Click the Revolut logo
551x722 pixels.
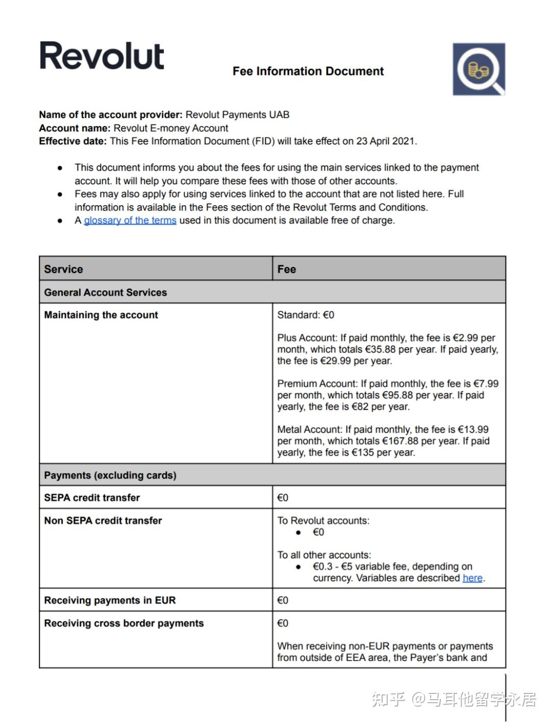(x=102, y=56)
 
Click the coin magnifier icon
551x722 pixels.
(x=479, y=69)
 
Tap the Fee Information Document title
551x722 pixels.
(x=308, y=71)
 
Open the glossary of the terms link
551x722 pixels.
(x=130, y=220)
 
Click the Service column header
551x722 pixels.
(x=64, y=269)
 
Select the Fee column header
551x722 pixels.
(x=287, y=269)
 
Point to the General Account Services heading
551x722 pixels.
(x=106, y=292)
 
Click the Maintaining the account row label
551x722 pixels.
(x=101, y=315)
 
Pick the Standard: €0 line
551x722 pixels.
(x=306, y=315)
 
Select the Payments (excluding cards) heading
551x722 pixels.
(x=110, y=475)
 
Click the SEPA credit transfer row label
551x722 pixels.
(x=92, y=497)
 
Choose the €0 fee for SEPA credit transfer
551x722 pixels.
(x=283, y=497)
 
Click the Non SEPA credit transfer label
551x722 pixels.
(x=103, y=520)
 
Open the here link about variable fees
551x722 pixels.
(x=472, y=578)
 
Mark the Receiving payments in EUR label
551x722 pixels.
(x=110, y=600)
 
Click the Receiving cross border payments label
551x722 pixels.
(x=124, y=623)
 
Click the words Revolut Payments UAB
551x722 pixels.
(x=237, y=115)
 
